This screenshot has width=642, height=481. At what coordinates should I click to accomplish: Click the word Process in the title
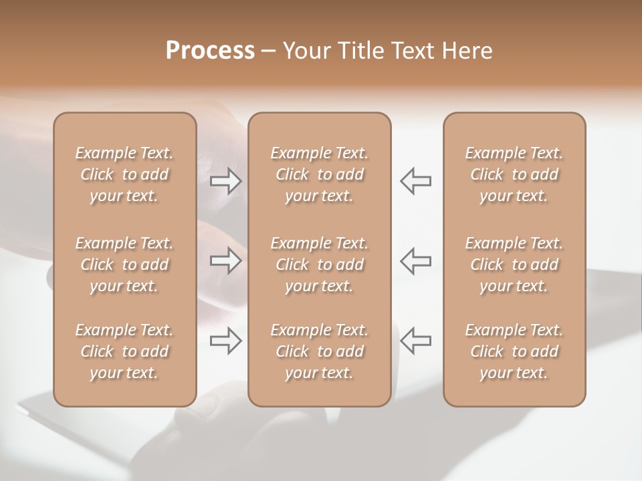(210, 51)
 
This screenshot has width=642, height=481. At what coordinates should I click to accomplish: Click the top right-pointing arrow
(226, 181)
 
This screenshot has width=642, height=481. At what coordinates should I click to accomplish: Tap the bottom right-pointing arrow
(226, 340)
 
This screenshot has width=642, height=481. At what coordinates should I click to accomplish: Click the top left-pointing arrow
(415, 181)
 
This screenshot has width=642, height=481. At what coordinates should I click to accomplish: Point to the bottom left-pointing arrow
(415, 340)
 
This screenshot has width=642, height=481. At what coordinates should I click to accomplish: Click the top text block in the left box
(124, 174)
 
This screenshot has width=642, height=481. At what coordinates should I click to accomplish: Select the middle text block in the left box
(124, 265)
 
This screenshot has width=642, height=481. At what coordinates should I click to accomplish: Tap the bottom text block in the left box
(124, 351)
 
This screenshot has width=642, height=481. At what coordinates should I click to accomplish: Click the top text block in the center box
(319, 174)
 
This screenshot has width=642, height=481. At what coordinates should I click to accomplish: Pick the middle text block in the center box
(319, 265)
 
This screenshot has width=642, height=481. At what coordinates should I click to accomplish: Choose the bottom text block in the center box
(319, 351)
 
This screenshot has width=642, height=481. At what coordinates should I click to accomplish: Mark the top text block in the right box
(514, 174)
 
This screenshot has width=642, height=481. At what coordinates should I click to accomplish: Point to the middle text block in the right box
(514, 265)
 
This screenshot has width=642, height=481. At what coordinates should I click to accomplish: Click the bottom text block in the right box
(514, 351)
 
